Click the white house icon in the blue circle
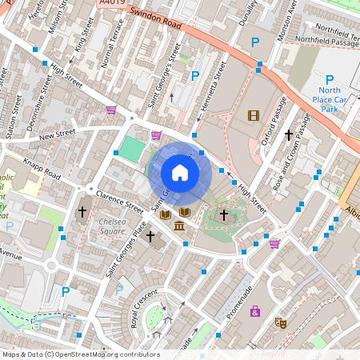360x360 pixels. click(x=180, y=172)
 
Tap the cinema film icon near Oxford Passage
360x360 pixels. click(x=254, y=116)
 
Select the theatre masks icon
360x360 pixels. click(x=281, y=322)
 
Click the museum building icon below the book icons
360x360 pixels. click(x=178, y=230)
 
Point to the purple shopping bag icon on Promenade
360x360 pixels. click(x=255, y=310)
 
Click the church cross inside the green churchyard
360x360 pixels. click(x=224, y=214)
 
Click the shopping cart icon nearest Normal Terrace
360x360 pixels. click(x=111, y=109)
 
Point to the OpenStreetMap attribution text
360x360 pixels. click(x=80, y=354)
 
